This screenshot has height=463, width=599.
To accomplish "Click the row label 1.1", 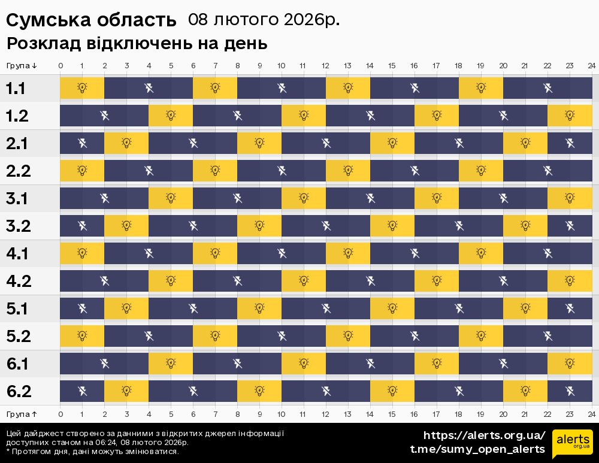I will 16,89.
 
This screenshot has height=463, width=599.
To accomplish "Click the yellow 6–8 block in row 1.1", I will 215,88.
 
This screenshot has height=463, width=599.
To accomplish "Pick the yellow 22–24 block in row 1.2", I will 570,116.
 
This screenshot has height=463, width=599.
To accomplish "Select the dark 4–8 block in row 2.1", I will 193,143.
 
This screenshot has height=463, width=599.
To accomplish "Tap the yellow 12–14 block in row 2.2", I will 348,171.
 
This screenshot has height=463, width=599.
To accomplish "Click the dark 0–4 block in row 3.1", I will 104,198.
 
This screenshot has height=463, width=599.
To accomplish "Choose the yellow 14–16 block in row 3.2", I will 392,226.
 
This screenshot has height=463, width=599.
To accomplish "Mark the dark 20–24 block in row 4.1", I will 547,253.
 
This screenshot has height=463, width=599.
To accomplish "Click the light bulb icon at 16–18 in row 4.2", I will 437,280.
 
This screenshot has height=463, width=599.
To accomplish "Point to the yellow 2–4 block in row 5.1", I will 126,308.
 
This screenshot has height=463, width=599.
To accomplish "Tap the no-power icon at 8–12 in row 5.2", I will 282,336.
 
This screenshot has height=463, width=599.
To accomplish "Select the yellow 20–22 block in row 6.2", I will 525,391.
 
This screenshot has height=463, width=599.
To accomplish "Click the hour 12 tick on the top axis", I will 326,65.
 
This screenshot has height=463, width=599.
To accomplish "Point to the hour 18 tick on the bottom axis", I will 459,414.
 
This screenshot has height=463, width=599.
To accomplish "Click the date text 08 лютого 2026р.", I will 264,20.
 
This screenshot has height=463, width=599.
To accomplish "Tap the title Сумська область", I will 91,20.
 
